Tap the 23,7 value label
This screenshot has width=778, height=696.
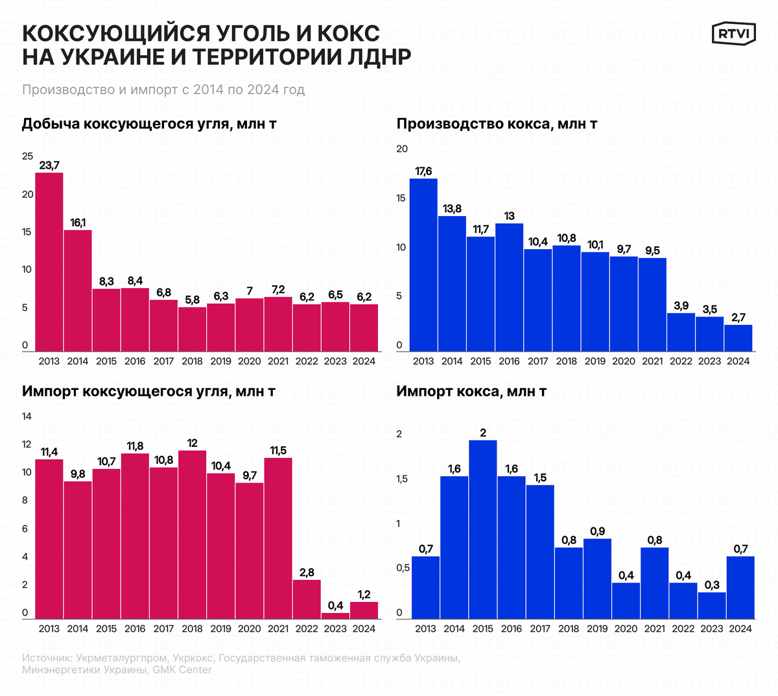click(x=49, y=166)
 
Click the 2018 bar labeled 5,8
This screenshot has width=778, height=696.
click(x=192, y=329)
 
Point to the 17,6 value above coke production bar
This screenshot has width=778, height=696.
click(x=423, y=171)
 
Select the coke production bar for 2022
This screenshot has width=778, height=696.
click(x=681, y=332)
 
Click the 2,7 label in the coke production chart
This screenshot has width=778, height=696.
click(x=738, y=317)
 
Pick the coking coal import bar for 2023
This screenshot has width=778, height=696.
click(x=335, y=616)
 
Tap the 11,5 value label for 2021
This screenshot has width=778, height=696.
click(x=278, y=451)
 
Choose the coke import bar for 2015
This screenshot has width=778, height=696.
click(x=482, y=529)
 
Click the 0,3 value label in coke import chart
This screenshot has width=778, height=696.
click(x=712, y=585)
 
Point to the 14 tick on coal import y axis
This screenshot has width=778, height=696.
click(x=27, y=416)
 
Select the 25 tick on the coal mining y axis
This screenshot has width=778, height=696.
click(x=27, y=156)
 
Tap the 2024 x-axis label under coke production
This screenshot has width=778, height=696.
click(x=738, y=361)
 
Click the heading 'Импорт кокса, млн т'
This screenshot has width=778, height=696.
click(x=471, y=391)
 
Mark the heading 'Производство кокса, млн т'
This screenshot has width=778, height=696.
click(x=497, y=124)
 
